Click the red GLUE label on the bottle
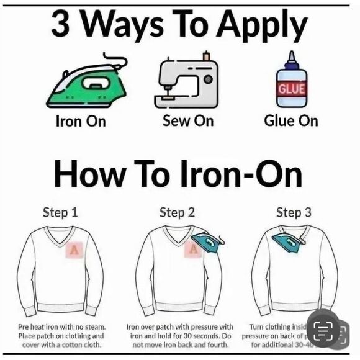[x=291, y=89]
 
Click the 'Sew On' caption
[x=187, y=120]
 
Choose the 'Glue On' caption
[x=290, y=120]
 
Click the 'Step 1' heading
[x=60, y=212]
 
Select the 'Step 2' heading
[x=177, y=212]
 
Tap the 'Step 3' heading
[x=293, y=212]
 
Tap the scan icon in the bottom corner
[x=324, y=331]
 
